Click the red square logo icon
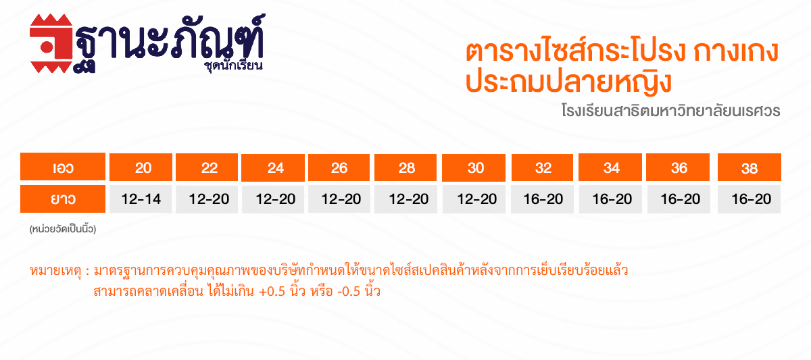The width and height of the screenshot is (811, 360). pos(51,43)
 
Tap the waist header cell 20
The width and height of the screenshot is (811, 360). pos(141,167)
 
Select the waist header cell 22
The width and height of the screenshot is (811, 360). pos(207,167)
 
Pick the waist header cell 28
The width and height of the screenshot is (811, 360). pos(405,168)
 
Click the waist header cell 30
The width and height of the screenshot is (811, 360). pos(474,168)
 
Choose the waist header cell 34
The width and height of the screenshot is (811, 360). pos(610,167)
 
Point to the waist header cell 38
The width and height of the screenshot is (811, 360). pos(749,167)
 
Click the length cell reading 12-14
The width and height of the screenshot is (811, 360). pos(141,199)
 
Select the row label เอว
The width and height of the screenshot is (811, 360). pos(63,166)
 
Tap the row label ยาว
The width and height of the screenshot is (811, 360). pos(63,199)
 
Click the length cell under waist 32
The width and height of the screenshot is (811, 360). pos(542,199)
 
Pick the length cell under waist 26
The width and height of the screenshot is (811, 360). pos(339,199)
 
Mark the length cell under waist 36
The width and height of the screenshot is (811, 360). pos(679,199)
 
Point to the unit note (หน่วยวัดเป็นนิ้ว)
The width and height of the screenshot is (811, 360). pos(63,229)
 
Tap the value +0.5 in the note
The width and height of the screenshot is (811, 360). pos(272,292)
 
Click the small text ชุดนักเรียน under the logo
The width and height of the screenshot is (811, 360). pos(234,66)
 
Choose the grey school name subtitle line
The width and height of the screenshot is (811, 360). pos(671,110)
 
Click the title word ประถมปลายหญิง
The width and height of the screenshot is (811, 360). pos(568,82)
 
